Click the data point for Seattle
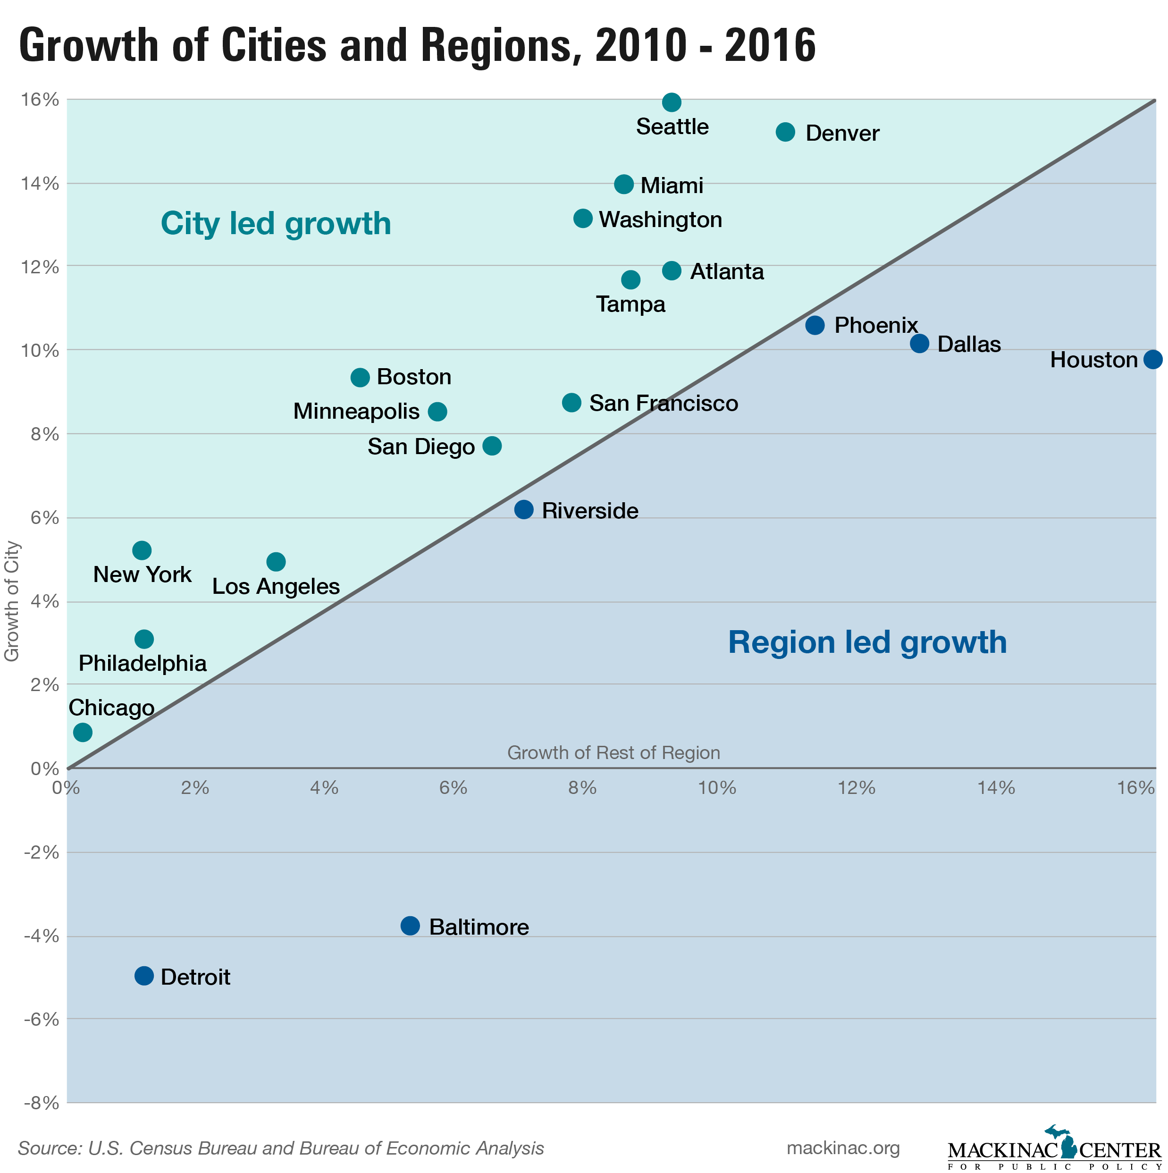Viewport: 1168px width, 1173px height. pyautogui.click(x=672, y=102)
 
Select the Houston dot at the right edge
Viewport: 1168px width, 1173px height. pyautogui.click(x=1153, y=359)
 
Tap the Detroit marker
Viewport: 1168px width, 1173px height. pyautogui.click(x=144, y=976)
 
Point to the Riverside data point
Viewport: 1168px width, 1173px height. pyautogui.click(x=524, y=509)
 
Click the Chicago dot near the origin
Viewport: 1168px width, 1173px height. pyautogui.click(x=83, y=732)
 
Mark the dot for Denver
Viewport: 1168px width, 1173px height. pyautogui.click(x=786, y=132)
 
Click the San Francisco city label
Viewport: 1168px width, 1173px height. pyautogui.click(x=664, y=403)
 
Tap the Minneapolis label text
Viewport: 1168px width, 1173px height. pyautogui.click(x=356, y=412)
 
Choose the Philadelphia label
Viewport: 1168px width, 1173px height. pyautogui.click(x=143, y=663)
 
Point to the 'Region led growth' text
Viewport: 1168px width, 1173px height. pyautogui.click(x=867, y=642)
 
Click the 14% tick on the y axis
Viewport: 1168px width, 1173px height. pyautogui.click(x=40, y=183)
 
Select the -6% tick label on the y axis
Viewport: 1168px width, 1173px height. pyautogui.click(x=41, y=1020)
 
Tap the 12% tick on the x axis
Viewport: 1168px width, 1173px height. pyautogui.click(x=856, y=788)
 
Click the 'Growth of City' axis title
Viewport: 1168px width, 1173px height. pyautogui.click(x=12, y=601)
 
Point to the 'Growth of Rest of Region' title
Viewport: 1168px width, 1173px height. pyautogui.click(x=613, y=753)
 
